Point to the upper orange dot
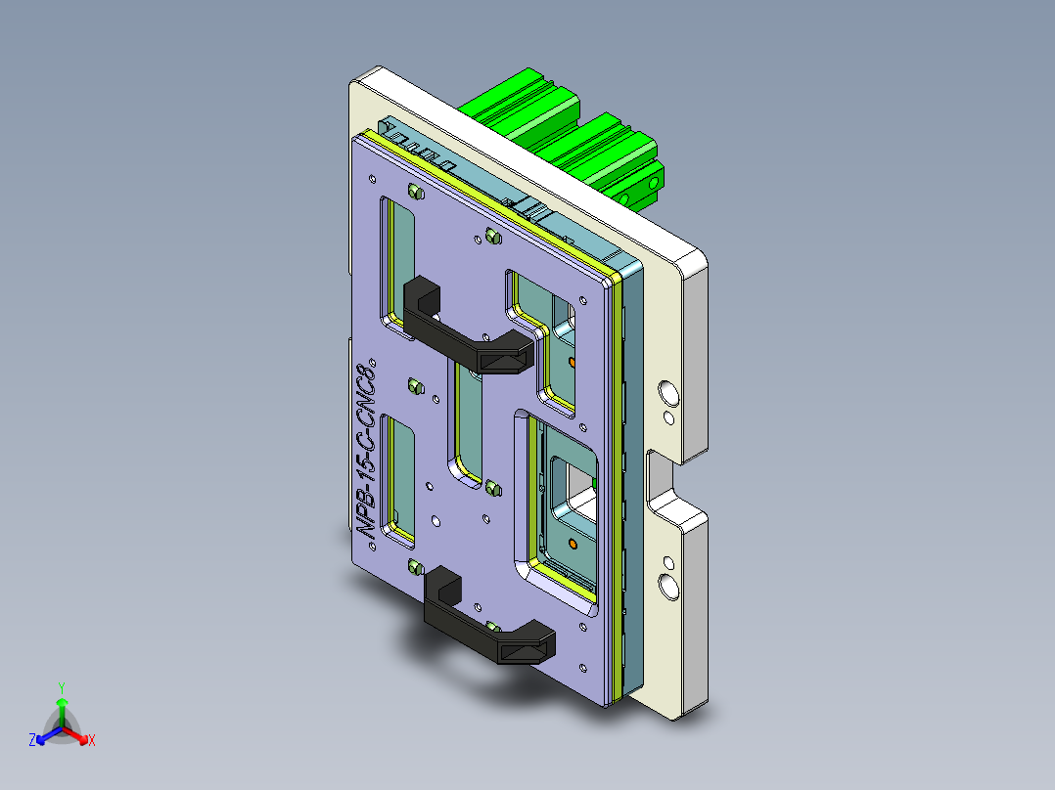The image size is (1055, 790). (572, 363)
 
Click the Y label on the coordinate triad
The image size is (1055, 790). (61, 687)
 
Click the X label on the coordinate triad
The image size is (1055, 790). (92, 741)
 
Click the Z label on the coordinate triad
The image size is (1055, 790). (32, 741)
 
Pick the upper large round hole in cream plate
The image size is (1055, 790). (669, 393)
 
